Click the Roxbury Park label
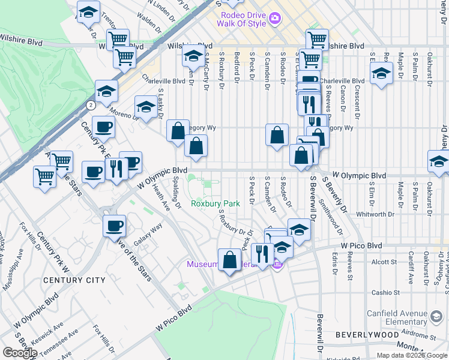(215, 203)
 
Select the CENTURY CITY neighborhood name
(74, 280)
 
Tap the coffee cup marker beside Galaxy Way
(114, 226)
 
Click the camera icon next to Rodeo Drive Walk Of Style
(275, 18)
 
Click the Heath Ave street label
(161, 197)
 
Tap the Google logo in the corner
(20, 352)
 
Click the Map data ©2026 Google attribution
(411, 355)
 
